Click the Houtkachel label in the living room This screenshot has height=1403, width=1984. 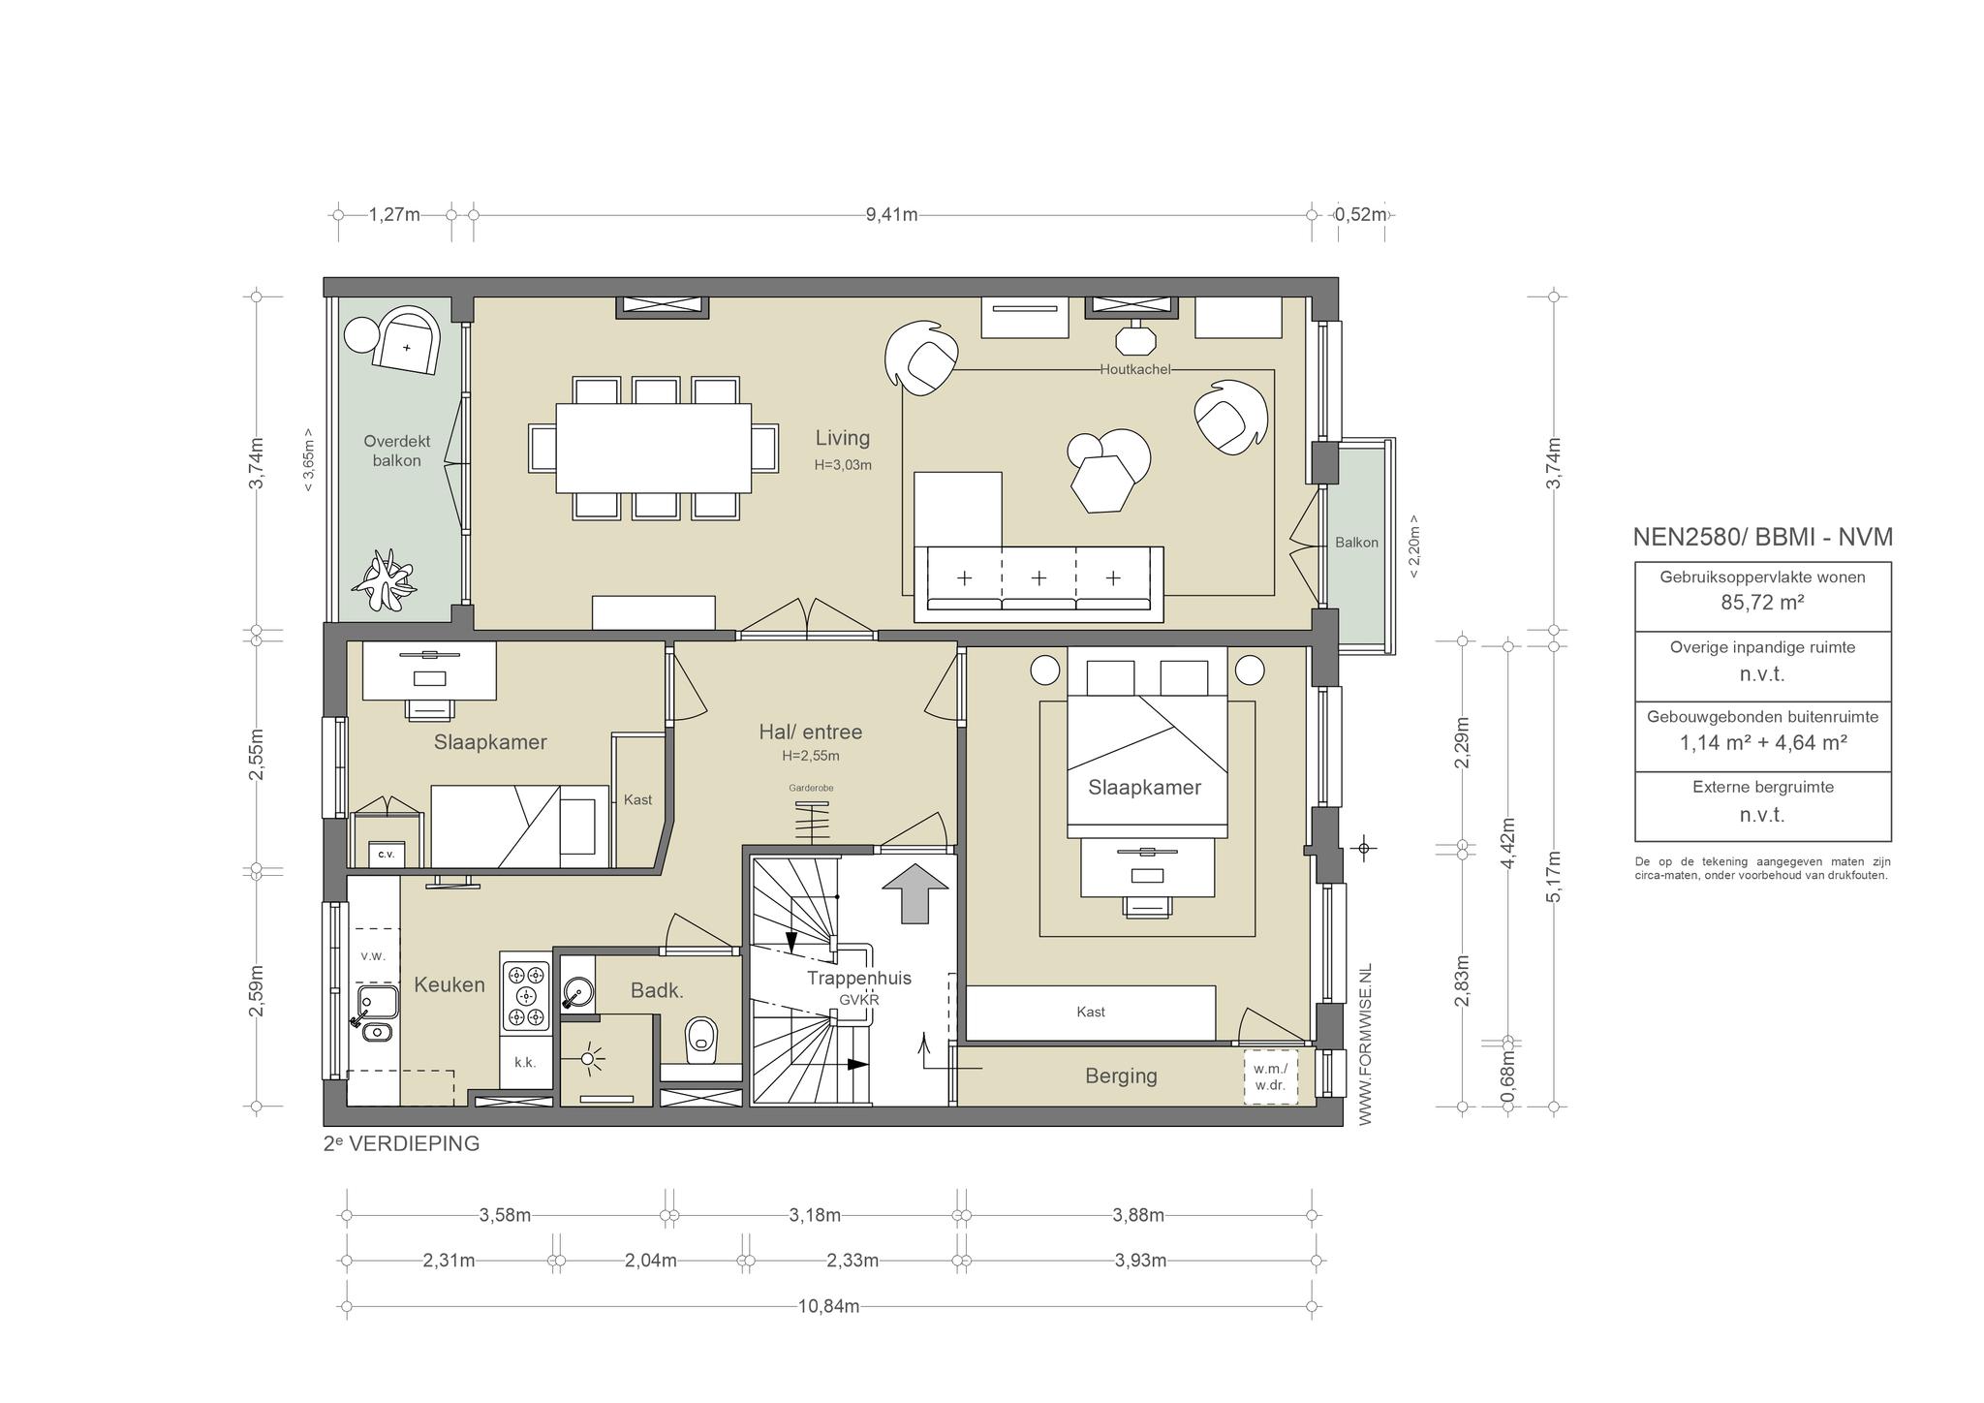click(1134, 369)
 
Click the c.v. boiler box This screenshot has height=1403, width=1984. click(387, 854)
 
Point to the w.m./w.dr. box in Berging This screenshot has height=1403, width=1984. click(1270, 1076)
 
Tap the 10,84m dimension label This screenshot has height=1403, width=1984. click(828, 1306)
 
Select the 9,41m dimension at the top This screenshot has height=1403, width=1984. click(891, 214)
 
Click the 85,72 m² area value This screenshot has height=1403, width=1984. click(1762, 603)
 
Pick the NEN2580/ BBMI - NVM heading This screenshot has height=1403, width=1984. click(1762, 537)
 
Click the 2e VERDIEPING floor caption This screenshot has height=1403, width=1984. click(402, 1143)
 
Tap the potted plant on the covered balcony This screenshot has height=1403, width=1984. click(387, 579)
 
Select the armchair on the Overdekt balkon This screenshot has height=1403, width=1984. click(407, 341)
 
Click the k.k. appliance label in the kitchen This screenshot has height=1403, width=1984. click(525, 1062)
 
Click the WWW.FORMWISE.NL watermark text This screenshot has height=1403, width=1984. click(1365, 1044)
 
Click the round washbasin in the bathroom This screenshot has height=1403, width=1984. click(576, 991)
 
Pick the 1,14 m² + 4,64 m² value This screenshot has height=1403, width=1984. click(1762, 743)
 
